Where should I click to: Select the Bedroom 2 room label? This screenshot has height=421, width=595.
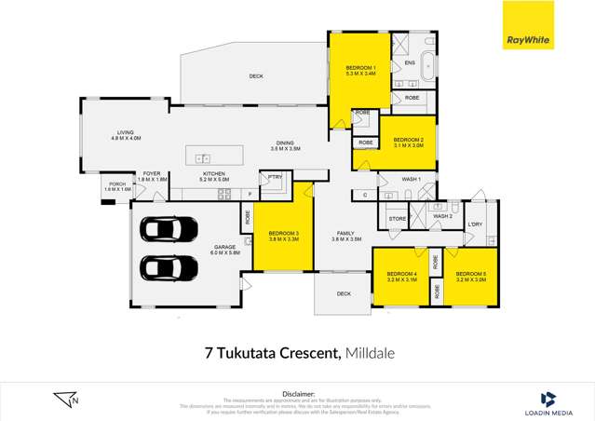pyautogui.click(x=408, y=142)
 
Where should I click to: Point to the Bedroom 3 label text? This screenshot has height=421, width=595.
pyautogui.click(x=284, y=236)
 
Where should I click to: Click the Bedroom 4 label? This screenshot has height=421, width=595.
pyautogui.click(x=401, y=276)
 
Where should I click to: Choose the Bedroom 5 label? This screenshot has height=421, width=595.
pyautogui.click(x=472, y=276)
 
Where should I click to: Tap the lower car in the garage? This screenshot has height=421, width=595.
pyautogui.click(x=169, y=267)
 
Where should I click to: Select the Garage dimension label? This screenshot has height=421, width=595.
pyautogui.click(x=223, y=251)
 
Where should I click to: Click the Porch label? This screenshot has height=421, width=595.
pyautogui.click(x=116, y=186)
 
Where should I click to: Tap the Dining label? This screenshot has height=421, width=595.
pyautogui.click(x=285, y=145)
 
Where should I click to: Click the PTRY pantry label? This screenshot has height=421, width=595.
pyautogui.click(x=275, y=176)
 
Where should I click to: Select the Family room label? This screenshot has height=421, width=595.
pyautogui.click(x=345, y=237)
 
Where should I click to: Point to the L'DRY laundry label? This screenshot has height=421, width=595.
pyautogui.click(x=475, y=224)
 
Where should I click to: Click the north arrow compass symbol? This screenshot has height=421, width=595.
pyautogui.click(x=66, y=400)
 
